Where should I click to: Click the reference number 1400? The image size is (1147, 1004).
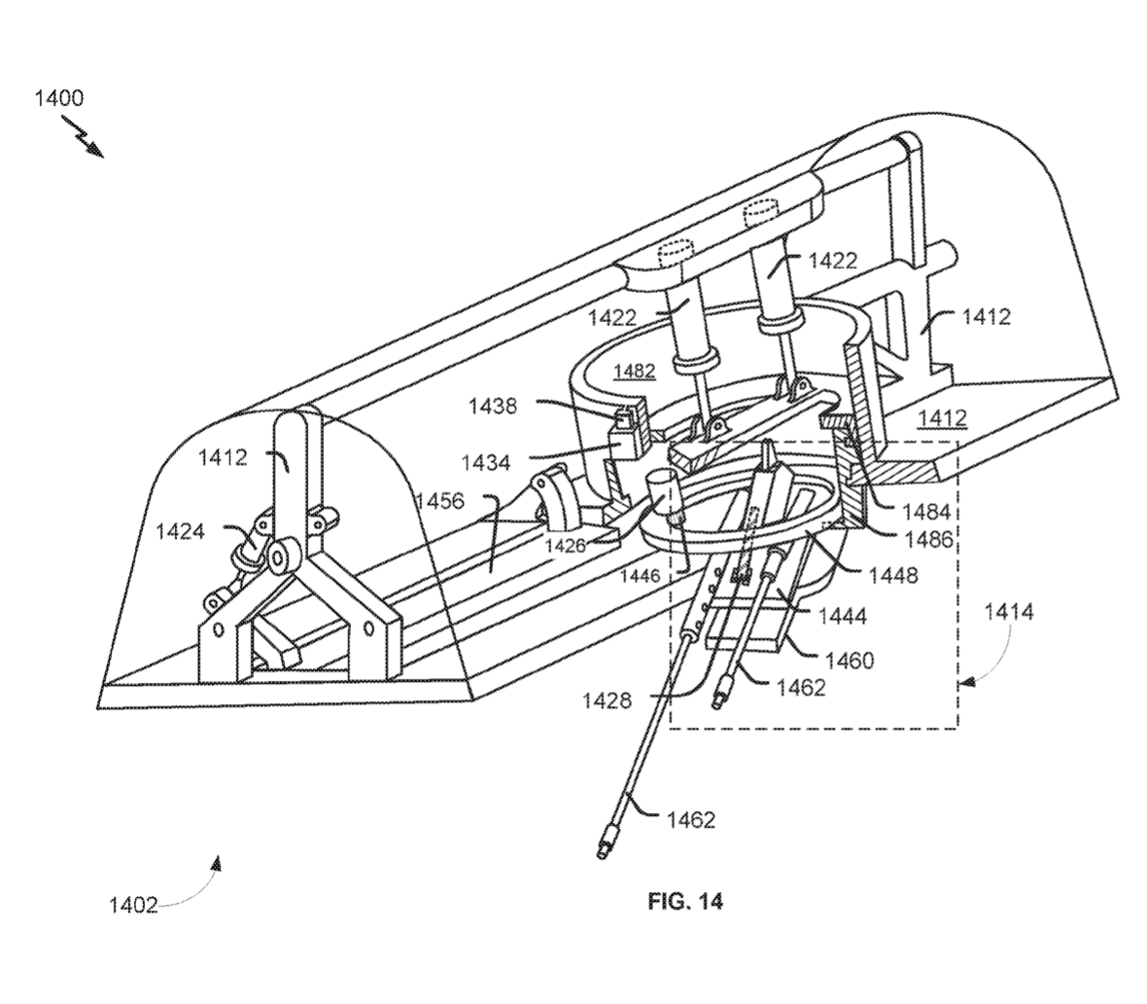click(x=59, y=97)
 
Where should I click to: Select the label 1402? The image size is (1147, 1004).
click(x=132, y=905)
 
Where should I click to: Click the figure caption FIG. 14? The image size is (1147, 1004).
click(x=685, y=901)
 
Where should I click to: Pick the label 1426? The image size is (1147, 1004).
click(x=564, y=546)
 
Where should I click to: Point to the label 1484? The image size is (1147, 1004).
click(x=900, y=511)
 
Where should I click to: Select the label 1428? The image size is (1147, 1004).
click(x=608, y=699)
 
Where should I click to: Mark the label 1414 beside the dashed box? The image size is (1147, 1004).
click(x=1009, y=613)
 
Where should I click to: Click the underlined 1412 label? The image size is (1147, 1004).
click(x=941, y=417)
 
